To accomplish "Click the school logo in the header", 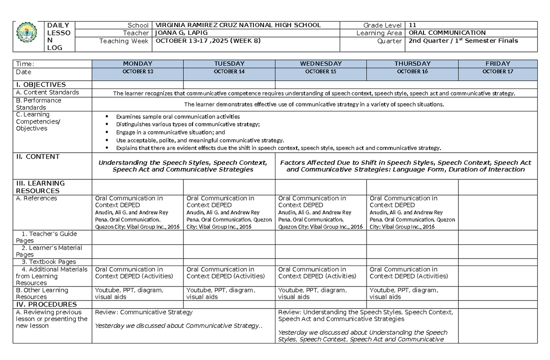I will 28,36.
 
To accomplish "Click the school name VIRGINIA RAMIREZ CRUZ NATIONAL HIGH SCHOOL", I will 238,25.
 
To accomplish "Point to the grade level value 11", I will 413,25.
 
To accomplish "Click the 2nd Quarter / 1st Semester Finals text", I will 463,41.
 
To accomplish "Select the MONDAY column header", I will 137,64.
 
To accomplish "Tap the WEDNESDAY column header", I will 321,64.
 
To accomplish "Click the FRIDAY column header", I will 498,64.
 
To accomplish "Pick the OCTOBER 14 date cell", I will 229,72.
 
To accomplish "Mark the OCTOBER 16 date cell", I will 412,72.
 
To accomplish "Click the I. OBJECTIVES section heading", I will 41,85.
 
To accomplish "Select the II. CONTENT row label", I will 38,157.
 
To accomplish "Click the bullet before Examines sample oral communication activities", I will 107,117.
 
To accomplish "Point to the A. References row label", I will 36,199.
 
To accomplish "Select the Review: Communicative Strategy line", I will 144,312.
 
